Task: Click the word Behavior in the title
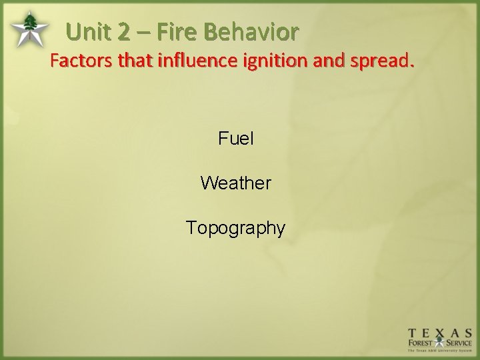click(x=252, y=31)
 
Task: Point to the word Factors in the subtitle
click(x=81, y=62)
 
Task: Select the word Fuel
click(x=235, y=139)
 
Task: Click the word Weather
click(x=235, y=183)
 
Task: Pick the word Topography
click(x=235, y=228)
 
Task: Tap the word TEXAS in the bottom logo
click(x=440, y=332)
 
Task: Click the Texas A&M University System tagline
click(x=440, y=351)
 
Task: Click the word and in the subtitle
click(x=323, y=62)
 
